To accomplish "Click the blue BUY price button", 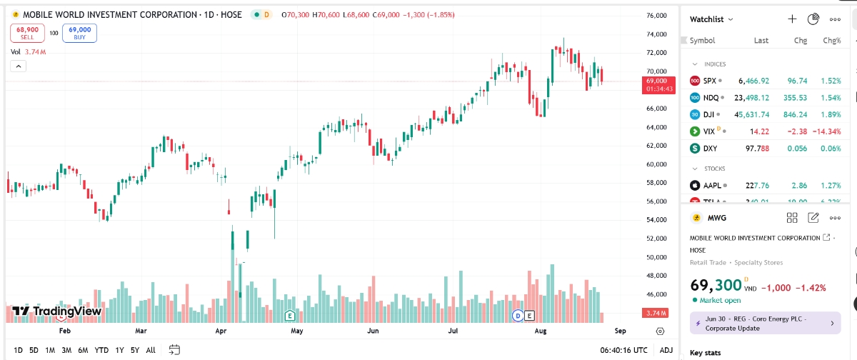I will click(79, 33).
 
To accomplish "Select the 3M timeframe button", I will click(66, 350).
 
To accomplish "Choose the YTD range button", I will click(101, 350).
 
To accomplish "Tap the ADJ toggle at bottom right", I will click(666, 350).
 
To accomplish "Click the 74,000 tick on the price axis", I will click(656, 34).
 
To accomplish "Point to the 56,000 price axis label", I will click(656, 201).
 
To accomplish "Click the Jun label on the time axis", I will click(373, 331).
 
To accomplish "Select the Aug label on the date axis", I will click(540, 331).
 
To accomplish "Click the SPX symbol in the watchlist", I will click(709, 81).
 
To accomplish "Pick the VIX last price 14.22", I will click(759, 131).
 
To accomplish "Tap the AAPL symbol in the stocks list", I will click(712, 186).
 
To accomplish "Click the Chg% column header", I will click(831, 41).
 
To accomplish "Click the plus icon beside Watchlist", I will click(792, 19).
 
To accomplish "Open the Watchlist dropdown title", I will click(711, 19).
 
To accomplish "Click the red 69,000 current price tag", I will click(656, 85).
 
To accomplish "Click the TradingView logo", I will click(56, 311).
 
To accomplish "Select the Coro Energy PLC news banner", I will click(765, 323).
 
